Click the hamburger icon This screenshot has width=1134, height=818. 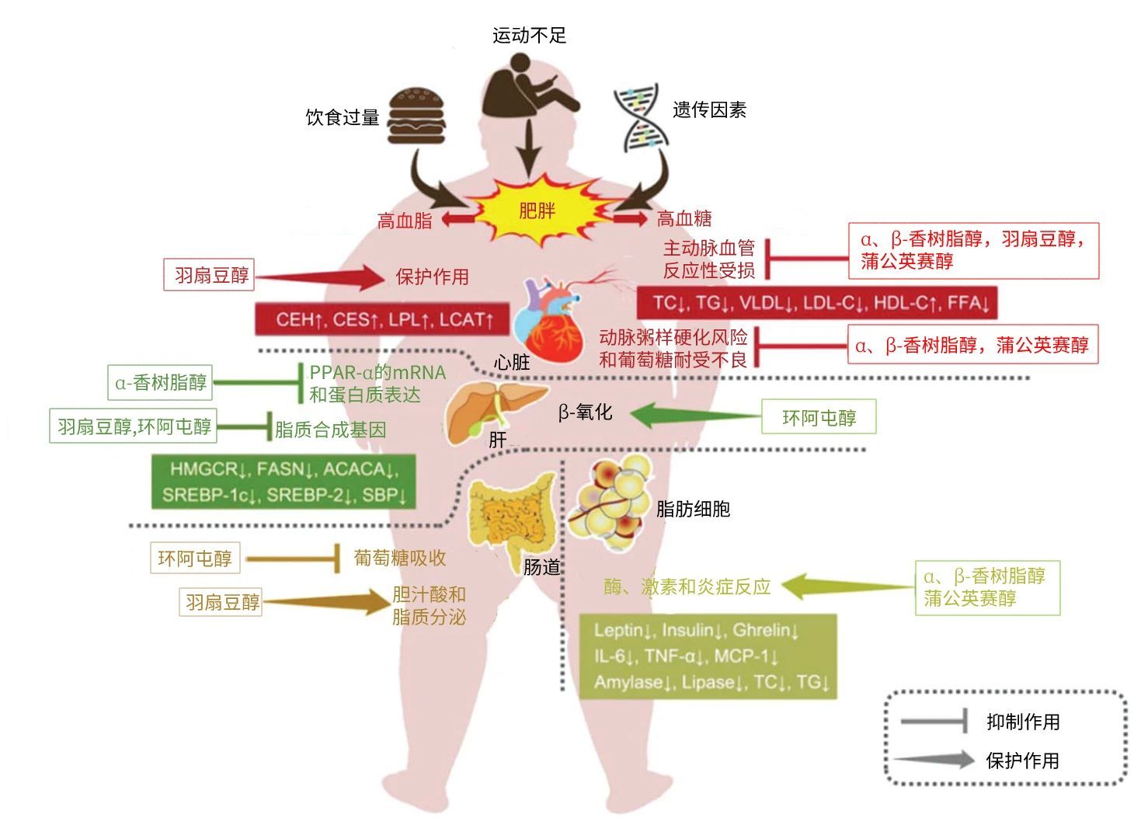(417, 117)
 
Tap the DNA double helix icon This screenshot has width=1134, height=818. (641, 118)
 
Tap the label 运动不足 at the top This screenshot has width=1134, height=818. (530, 35)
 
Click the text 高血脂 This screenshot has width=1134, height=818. (405, 221)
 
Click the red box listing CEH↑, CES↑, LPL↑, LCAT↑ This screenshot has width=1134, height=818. (383, 319)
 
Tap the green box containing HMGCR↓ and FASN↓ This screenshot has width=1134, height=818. (283, 482)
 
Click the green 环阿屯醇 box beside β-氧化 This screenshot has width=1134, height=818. (819, 418)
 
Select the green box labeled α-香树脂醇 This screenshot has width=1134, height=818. (161, 382)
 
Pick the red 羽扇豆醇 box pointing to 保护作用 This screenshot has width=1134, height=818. (211, 276)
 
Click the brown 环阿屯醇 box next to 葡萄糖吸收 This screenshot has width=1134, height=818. (195, 558)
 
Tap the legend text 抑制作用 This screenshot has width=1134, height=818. (1023, 722)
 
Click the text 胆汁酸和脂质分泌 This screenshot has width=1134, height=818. (429, 606)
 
